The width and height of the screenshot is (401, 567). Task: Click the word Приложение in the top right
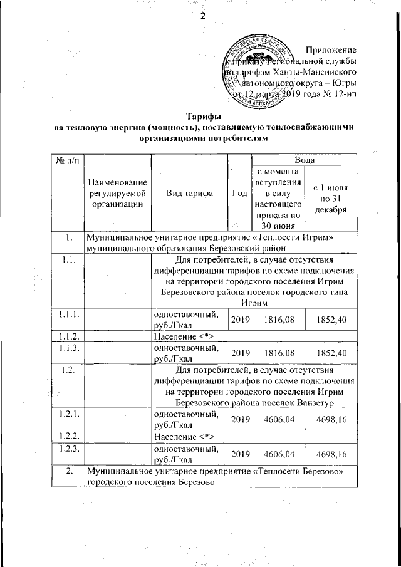tap(331, 49)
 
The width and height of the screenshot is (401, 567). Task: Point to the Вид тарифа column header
tap(189, 193)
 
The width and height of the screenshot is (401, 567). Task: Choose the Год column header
tap(238, 193)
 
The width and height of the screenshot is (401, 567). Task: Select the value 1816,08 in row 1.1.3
tap(278, 353)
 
